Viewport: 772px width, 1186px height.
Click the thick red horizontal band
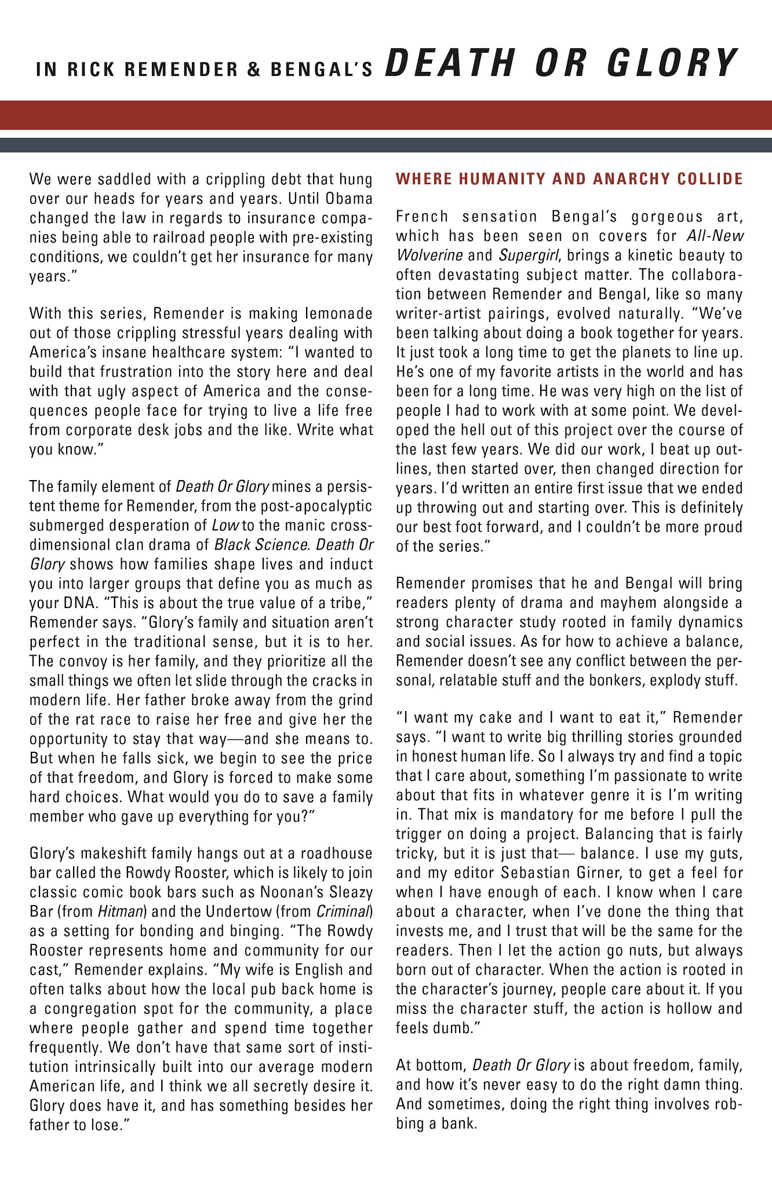pyautogui.click(x=386, y=115)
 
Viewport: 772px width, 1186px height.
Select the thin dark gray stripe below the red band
pyautogui.click(x=386, y=145)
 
